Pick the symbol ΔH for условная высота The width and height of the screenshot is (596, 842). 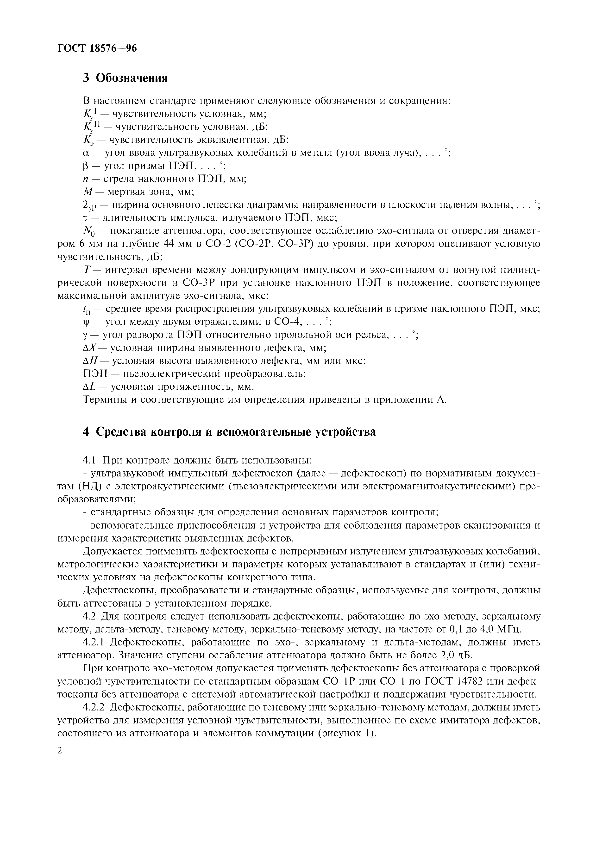[x=90, y=361]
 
